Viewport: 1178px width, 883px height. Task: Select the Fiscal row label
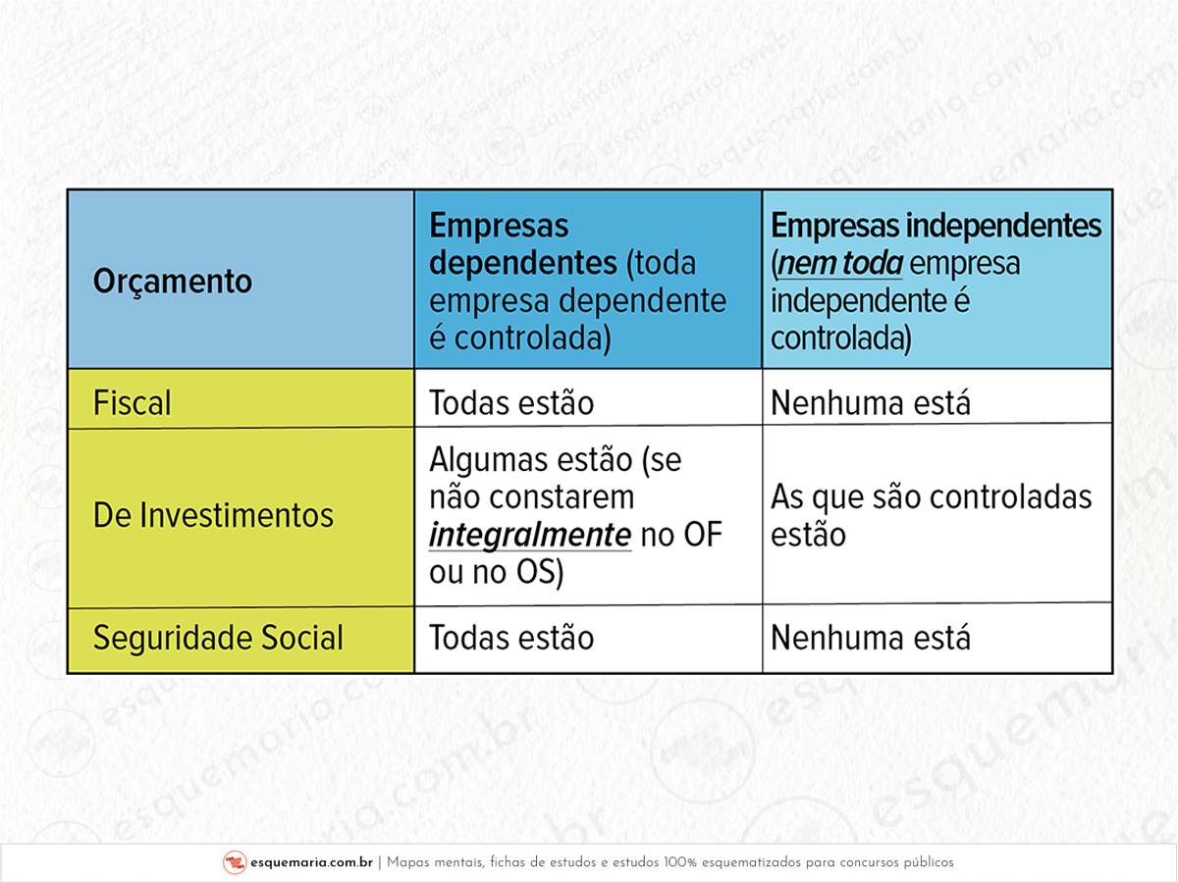pyautogui.click(x=132, y=402)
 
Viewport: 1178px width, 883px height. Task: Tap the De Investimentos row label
pyautogui.click(x=213, y=515)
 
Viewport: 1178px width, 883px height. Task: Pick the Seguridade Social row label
pyautogui.click(x=218, y=638)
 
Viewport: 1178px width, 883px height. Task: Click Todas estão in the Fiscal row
pyautogui.click(x=511, y=402)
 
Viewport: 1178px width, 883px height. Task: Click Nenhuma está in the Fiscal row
pyautogui.click(x=871, y=402)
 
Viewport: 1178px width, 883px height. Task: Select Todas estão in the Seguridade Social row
pyautogui.click(x=511, y=638)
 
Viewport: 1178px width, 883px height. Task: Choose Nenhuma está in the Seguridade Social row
pyautogui.click(x=871, y=638)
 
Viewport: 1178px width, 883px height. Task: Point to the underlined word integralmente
pyautogui.click(x=530, y=536)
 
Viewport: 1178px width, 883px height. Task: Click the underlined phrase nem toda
pyautogui.click(x=840, y=264)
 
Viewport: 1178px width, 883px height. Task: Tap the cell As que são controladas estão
pyautogui.click(x=932, y=516)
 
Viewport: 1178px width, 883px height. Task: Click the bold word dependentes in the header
pyautogui.click(x=523, y=263)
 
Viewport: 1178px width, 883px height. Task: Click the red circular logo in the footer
pyautogui.click(x=235, y=862)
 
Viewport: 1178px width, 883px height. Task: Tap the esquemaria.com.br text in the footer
pyautogui.click(x=311, y=862)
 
